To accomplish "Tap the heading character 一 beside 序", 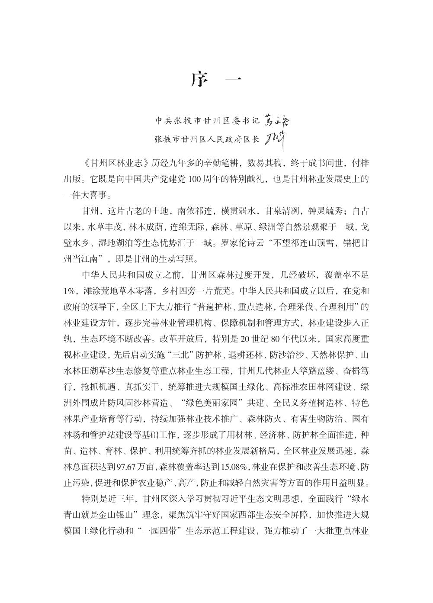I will click(x=234, y=80).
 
